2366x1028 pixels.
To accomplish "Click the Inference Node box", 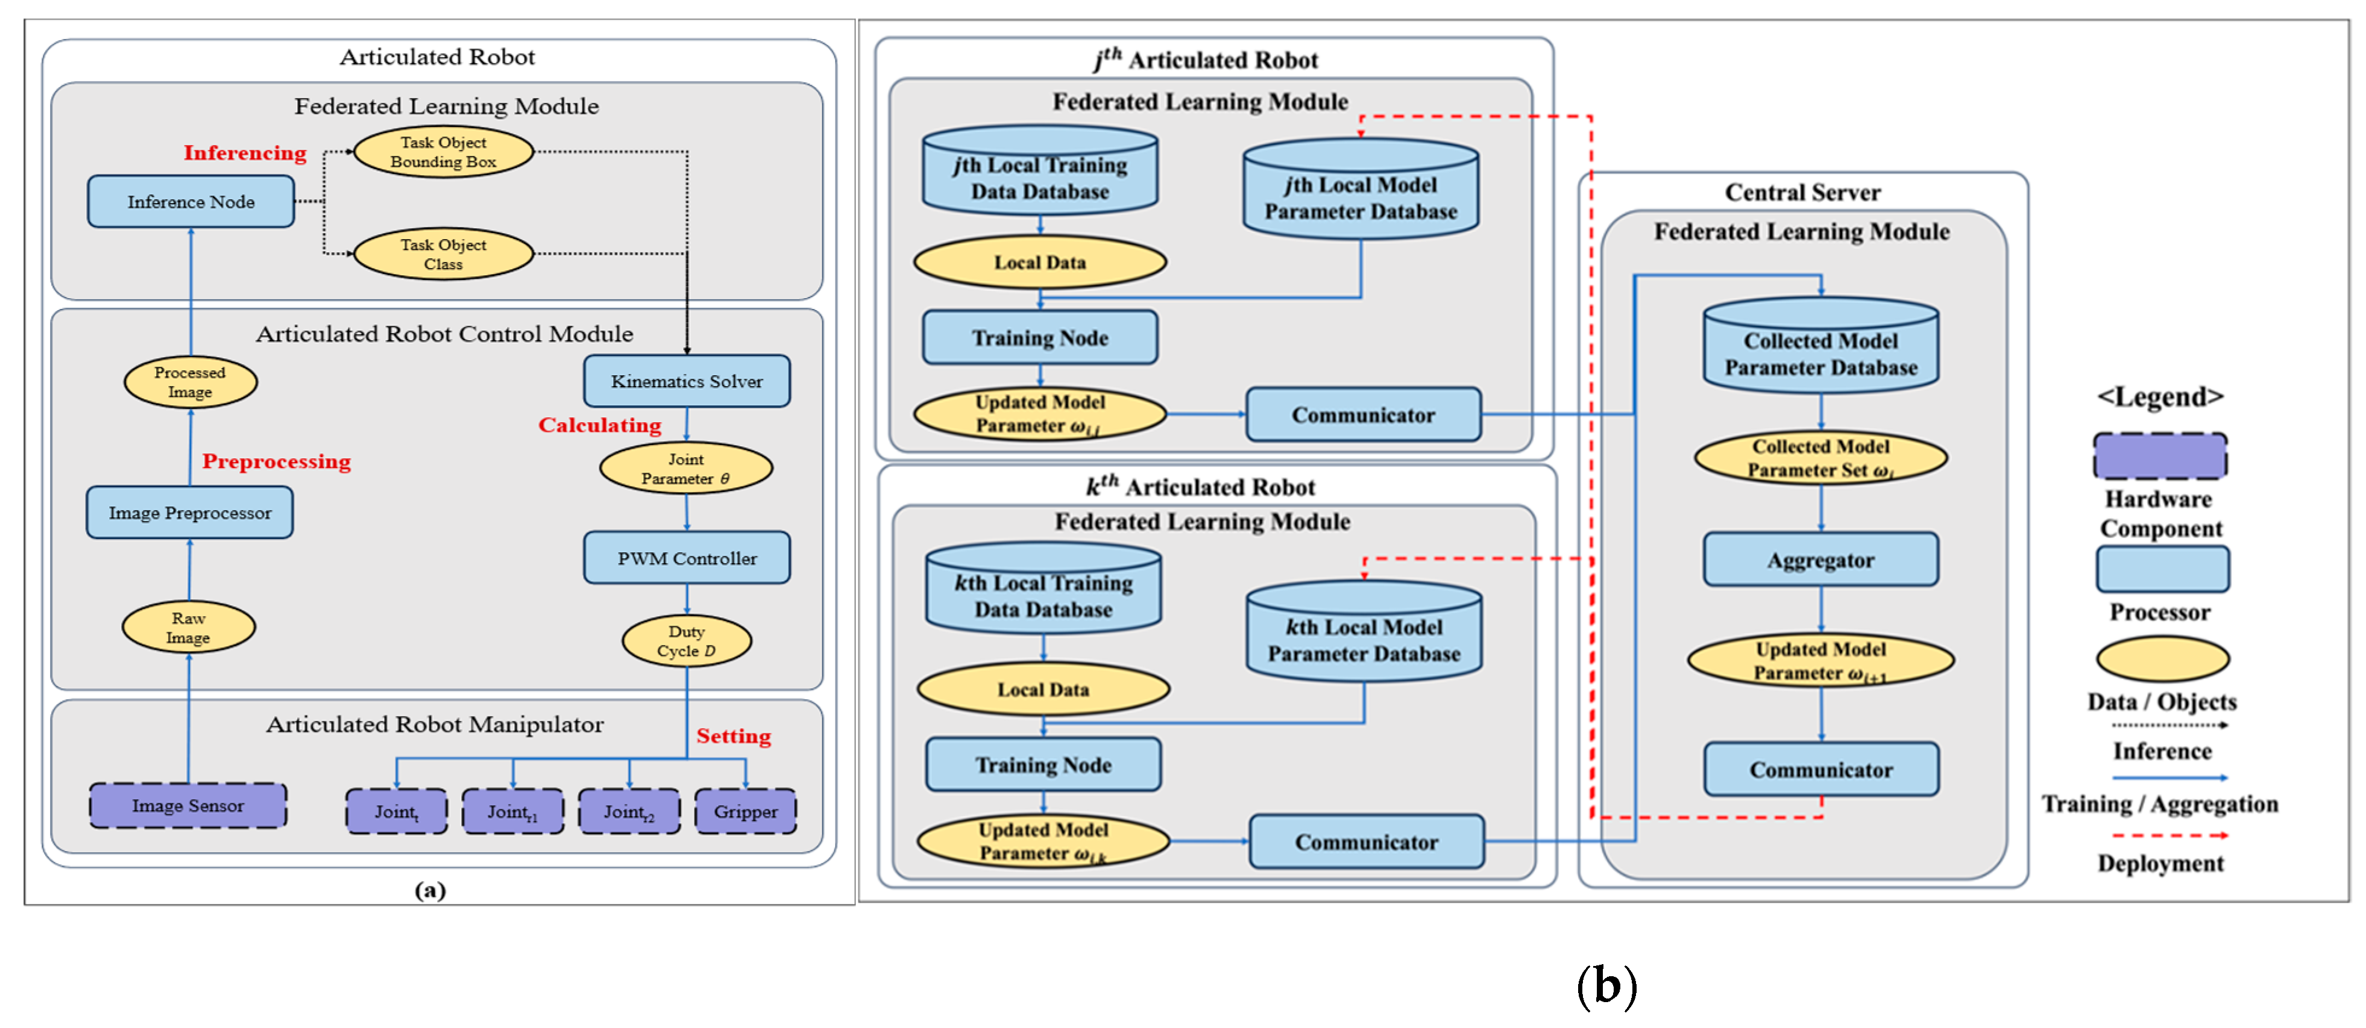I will click(x=191, y=202).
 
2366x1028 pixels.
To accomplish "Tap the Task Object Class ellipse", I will click(x=444, y=254).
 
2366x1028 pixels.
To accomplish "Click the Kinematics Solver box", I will click(x=687, y=381).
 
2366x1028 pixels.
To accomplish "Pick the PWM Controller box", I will click(x=687, y=558).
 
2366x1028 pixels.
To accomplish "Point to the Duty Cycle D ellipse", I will click(x=687, y=641).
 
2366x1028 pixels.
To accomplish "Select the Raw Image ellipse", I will click(x=189, y=628).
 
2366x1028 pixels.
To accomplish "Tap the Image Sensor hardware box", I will click(x=188, y=806).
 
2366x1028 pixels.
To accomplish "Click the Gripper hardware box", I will click(x=745, y=811).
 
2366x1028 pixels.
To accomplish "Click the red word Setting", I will click(x=733, y=736).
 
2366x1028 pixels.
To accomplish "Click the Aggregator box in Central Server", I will click(x=1820, y=560).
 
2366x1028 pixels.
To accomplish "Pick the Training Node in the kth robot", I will click(x=1043, y=765).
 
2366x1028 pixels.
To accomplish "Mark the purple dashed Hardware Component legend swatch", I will click(x=2160, y=456).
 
